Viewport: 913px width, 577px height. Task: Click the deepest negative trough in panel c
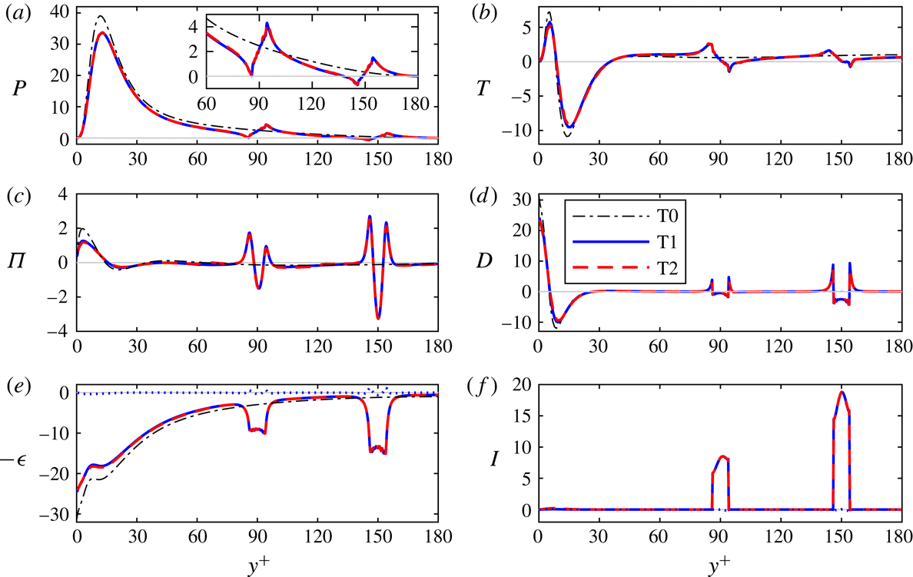[x=379, y=318]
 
